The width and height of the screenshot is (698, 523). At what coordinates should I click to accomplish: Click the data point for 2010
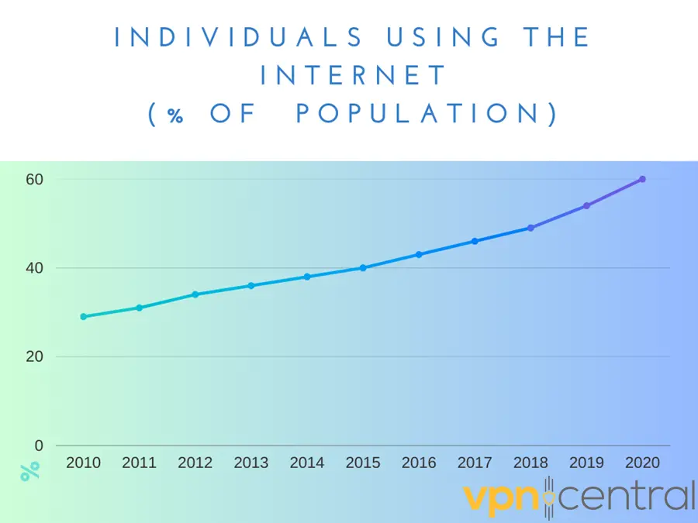pos(84,316)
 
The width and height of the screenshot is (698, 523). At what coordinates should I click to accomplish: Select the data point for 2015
pos(363,268)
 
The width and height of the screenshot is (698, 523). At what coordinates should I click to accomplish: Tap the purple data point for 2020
pos(642,179)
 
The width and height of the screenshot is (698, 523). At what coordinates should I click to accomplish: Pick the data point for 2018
pos(530,228)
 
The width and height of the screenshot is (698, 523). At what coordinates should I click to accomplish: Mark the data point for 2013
pos(251,285)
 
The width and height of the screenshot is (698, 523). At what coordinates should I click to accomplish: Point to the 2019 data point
pos(586,205)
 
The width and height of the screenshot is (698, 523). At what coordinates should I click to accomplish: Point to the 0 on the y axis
pos(39,446)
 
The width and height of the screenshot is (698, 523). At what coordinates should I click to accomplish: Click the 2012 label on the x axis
pos(195,463)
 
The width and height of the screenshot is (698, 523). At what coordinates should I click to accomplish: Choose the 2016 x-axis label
pos(419,463)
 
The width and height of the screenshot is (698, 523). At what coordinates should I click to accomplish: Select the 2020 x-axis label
pos(642,463)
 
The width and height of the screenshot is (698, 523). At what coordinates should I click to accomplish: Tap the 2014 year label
pos(307,463)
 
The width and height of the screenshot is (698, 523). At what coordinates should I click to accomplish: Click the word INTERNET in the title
pos(354,76)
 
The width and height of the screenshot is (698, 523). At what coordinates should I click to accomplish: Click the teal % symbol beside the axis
pos(29,471)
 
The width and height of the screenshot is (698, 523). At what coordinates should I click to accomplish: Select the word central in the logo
pos(628,496)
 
